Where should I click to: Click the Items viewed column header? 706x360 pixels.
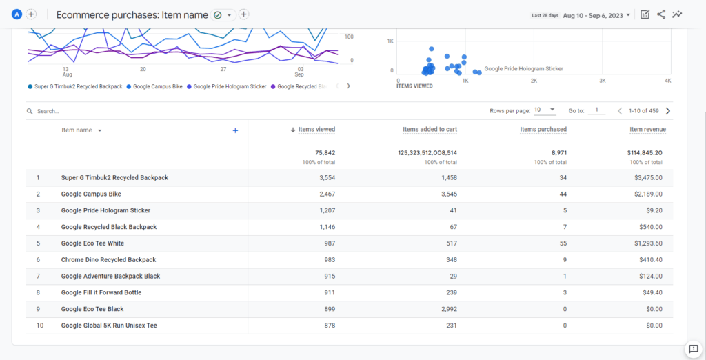coord(316,130)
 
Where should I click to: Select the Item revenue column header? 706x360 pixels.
coord(647,130)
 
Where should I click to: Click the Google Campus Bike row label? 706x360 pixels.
coord(91,194)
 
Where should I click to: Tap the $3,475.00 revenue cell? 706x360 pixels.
coord(646,178)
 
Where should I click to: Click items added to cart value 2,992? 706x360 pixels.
coord(443,309)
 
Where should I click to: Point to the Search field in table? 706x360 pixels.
coord(48,111)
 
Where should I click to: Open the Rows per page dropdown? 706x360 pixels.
coord(544,110)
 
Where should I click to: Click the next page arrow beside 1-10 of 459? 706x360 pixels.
coord(667,111)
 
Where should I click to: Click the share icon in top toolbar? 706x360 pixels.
coord(661,14)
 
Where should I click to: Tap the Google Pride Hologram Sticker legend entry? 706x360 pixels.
coord(229,87)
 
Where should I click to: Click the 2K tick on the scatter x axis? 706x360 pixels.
coord(534,81)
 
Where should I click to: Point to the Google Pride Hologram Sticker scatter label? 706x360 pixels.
coord(523,69)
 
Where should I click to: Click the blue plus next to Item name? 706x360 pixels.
coord(235,130)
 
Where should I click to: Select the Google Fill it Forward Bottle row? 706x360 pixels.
coord(101,292)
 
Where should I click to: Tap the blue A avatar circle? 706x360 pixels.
coord(17,14)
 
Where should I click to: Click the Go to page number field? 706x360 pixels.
coord(596,110)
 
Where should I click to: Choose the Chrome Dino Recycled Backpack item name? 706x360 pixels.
coord(108,260)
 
